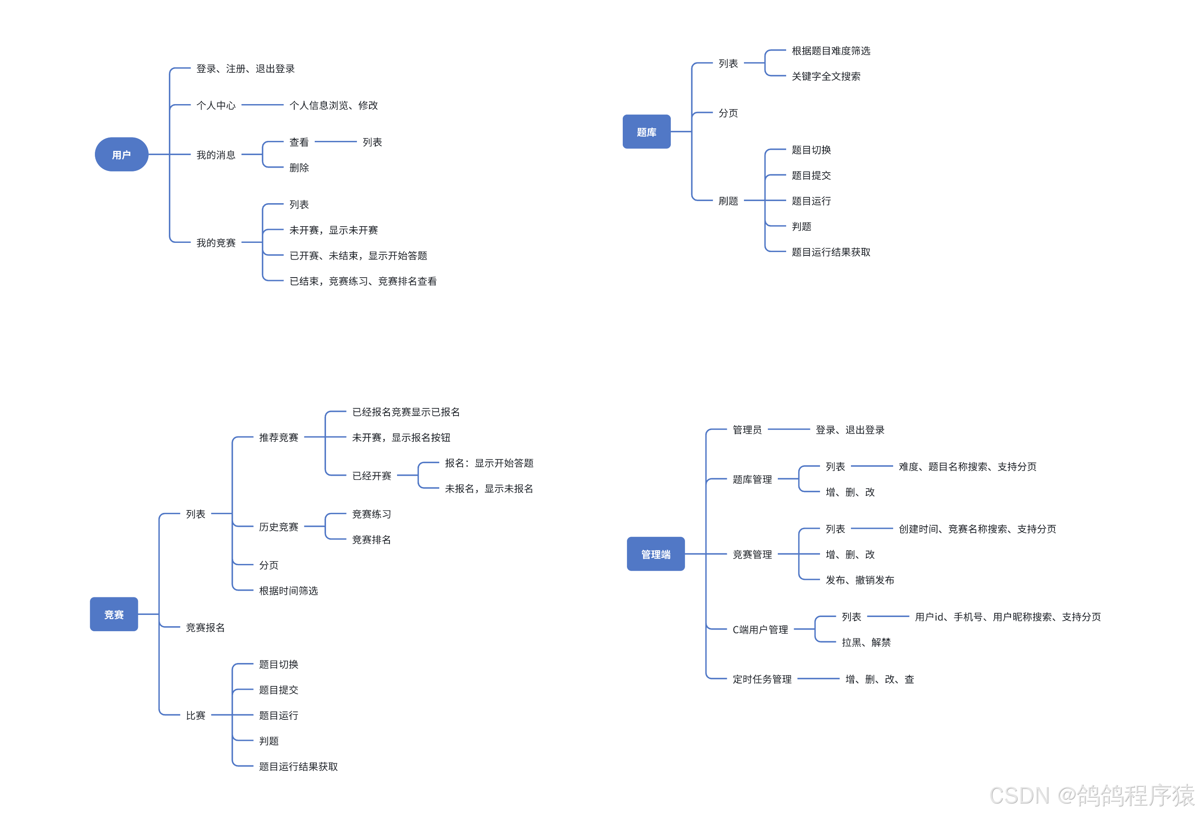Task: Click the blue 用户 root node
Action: pyautogui.click(x=122, y=155)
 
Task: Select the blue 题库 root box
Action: pyautogui.click(x=647, y=132)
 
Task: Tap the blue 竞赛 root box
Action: pyautogui.click(x=114, y=614)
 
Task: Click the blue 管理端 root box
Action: pyautogui.click(x=656, y=554)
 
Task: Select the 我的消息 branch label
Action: pyautogui.click(x=216, y=155)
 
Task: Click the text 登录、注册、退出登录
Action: pyautogui.click(x=245, y=69)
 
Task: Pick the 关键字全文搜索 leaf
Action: pyautogui.click(x=825, y=76)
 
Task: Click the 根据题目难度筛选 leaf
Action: pyautogui.click(x=831, y=51)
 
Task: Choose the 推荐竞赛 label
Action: pyautogui.click(x=279, y=437)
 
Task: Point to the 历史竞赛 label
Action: pyautogui.click(x=279, y=526)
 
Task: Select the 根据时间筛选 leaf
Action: pyautogui.click(x=288, y=591)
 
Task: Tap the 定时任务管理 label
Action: pyautogui.click(x=762, y=679)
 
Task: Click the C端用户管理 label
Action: pyautogui.click(x=760, y=630)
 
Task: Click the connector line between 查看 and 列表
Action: pyautogui.click(x=335, y=142)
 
